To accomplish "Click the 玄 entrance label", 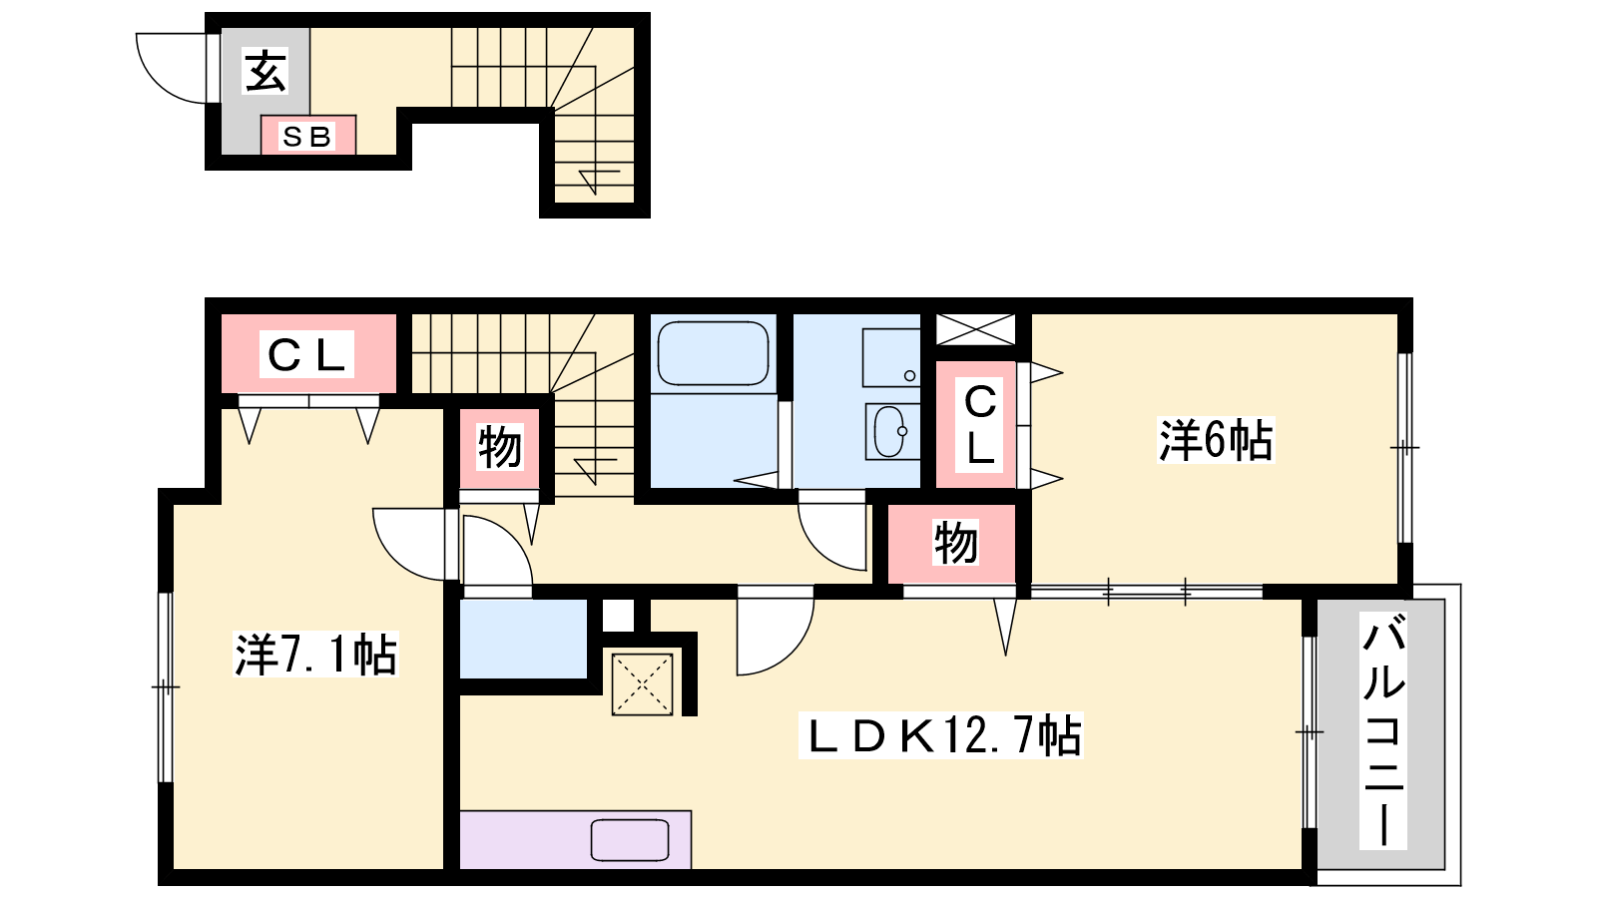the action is [x=266, y=71].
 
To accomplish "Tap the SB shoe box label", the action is [x=307, y=137].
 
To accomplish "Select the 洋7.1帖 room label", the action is [x=315, y=655].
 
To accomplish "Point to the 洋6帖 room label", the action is [x=1216, y=440].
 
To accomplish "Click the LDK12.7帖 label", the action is [x=941, y=734].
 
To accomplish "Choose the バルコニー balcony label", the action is [x=1383, y=730].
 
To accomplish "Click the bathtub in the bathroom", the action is [x=713, y=353].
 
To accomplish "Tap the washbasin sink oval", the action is [x=889, y=431].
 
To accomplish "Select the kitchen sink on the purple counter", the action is [x=630, y=840].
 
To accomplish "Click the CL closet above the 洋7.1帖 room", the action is [x=308, y=353].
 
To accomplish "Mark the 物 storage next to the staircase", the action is [x=499, y=448].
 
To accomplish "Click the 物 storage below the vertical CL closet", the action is [x=952, y=543].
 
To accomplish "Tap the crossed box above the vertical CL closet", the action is [x=975, y=329].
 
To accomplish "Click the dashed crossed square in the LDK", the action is [x=643, y=684].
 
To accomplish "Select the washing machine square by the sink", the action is [x=891, y=358].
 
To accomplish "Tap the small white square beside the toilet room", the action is [x=618, y=615].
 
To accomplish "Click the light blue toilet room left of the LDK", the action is [x=523, y=640].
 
